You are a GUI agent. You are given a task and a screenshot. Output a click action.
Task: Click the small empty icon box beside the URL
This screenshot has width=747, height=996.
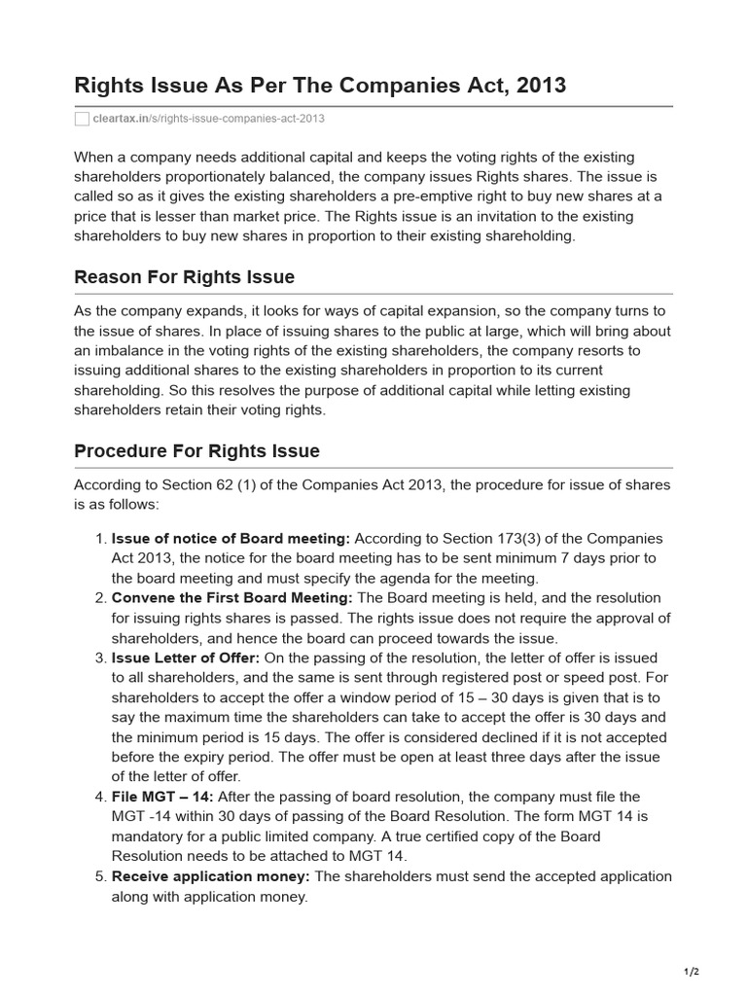point(82,119)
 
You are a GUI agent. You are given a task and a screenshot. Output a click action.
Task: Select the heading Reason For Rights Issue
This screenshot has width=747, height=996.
point(184,277)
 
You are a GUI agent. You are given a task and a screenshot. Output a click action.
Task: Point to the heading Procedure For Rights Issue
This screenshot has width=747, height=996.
point(196,451)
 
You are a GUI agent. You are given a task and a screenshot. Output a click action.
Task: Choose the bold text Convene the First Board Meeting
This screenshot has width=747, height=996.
point(232,597)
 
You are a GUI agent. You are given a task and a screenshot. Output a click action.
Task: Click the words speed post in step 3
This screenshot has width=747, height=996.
point(615,677)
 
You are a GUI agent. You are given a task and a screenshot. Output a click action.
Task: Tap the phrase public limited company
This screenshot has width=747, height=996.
point(295,836)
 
